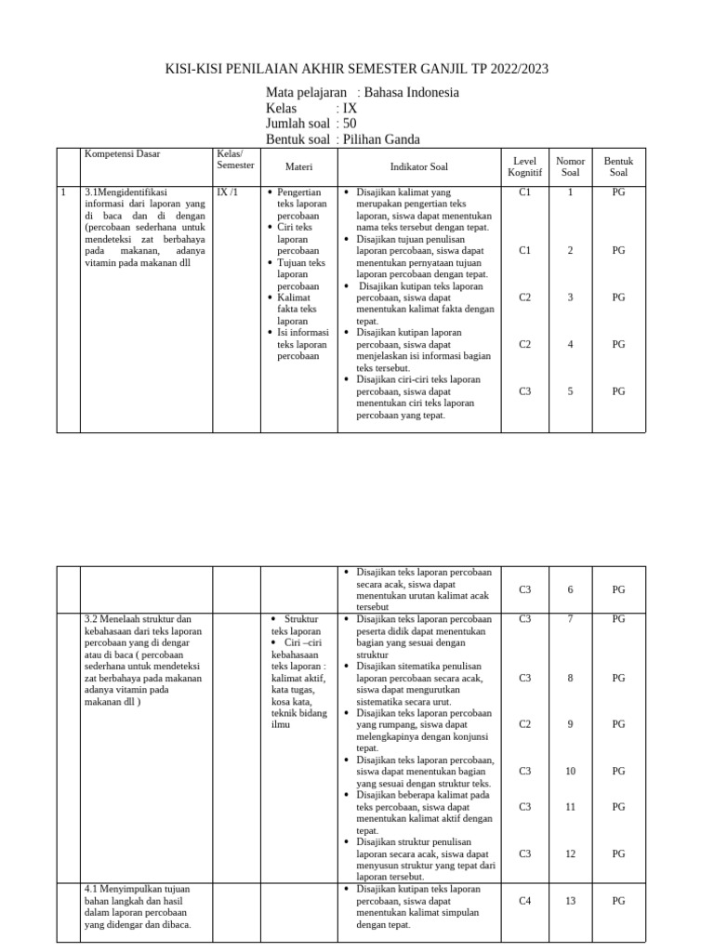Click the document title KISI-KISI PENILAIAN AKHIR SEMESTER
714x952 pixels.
357,69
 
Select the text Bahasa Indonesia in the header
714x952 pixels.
412,93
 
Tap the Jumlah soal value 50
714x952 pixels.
350,124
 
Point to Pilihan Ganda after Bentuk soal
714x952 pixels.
381,139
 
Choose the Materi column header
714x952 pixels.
298,166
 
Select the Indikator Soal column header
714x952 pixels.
418,166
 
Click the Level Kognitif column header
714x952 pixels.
525,166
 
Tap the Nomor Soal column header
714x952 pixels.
570,166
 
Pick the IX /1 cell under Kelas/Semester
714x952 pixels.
228,192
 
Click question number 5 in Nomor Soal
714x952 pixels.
570,391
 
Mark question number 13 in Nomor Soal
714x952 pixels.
570,901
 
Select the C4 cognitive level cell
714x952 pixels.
525,901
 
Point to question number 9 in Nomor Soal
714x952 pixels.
570,724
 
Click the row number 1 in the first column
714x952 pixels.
62,192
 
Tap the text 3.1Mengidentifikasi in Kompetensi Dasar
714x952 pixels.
124,192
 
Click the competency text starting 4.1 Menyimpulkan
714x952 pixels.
137,890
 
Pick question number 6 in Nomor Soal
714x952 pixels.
570,589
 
